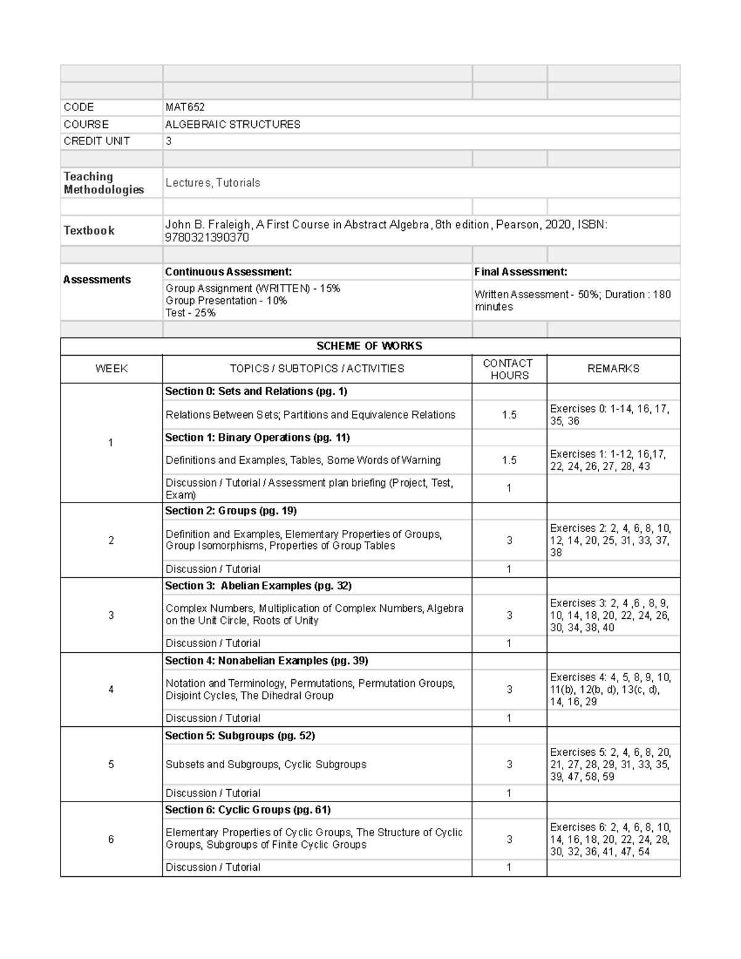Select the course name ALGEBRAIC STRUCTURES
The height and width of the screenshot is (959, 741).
tap(233, 124)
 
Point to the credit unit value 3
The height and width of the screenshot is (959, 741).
tap(169, 141)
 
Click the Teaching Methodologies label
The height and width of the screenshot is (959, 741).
tap(104, 183)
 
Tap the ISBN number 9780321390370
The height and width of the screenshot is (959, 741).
tap(207, 238)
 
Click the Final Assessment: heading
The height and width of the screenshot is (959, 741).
tap(521, 272)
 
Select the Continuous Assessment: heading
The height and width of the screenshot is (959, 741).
tap(228, 272)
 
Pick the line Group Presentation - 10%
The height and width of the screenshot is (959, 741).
tap(226, 301)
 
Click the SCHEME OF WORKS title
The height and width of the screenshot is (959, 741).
tap(369, 346)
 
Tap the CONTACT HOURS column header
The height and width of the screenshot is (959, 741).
tap(509, 369)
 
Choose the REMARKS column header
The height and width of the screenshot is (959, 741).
tap(613, 369)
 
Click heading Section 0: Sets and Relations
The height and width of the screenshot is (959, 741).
tap(256, 392)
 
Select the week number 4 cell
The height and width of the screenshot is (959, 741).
tap(111, 690)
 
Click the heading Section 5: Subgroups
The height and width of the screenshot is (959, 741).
tap(240, 735)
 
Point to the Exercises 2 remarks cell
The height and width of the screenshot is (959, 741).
tap(611, 540)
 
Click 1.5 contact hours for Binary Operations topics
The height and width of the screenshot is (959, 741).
tap(509, 460)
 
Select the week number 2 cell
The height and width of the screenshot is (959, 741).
tap(111, 540)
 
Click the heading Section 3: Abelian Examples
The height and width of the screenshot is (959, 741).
tap(258, 585)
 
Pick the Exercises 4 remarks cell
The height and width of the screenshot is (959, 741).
tap(611, 689)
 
